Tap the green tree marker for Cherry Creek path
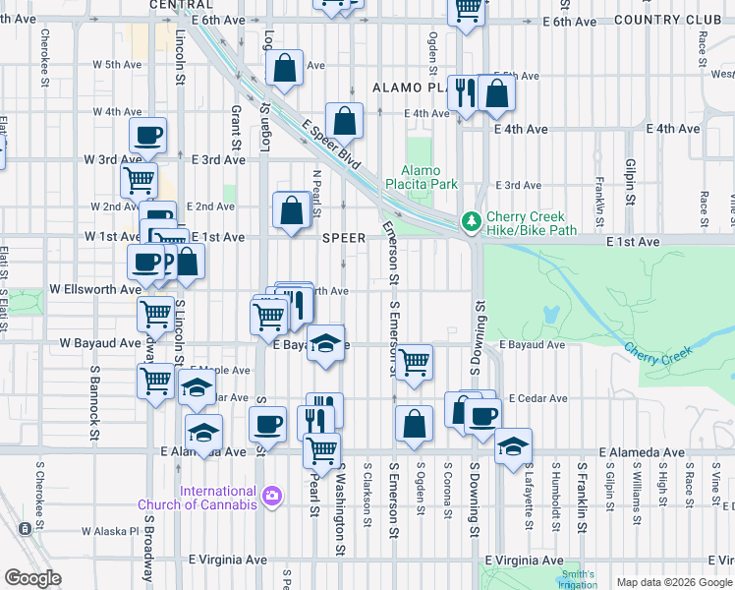click(472, 219)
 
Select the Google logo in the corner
click(32, 577)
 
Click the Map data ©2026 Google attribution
click(674, 582)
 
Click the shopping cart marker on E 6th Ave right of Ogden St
click(468, 10)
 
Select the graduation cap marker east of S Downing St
click(512, 445)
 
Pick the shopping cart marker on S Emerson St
click(415, 361)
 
